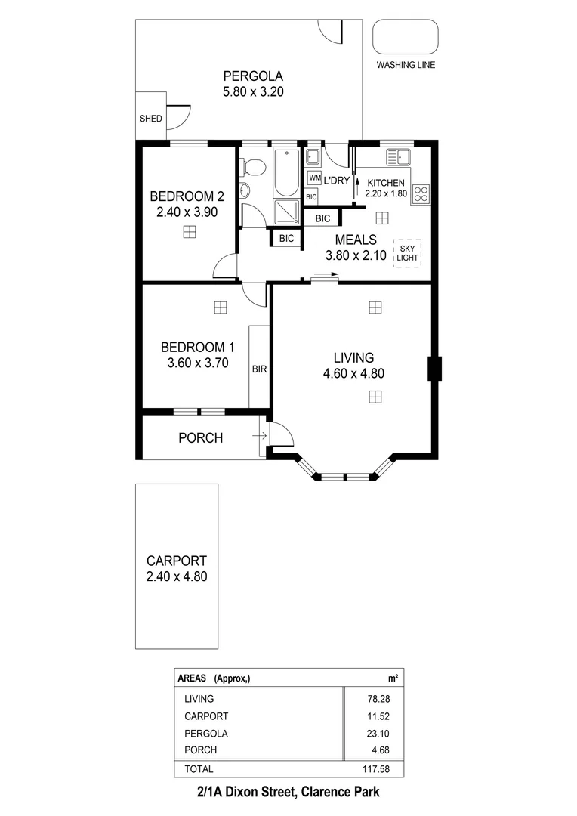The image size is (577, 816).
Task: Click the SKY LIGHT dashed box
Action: click(x=407, y=252)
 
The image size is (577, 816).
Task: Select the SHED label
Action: click(x=150, y=119)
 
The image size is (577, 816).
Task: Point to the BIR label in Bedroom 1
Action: click(x=259, y=369)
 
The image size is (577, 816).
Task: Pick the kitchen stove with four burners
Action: click(x=421, y=193)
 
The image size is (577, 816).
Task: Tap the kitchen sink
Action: click(x=397, y=158)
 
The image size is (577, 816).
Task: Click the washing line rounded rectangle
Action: click(x=406, y=36)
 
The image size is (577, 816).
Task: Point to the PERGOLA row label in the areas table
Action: click(x=206, y=733)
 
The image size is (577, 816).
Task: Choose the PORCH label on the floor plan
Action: click(x=200, y=437)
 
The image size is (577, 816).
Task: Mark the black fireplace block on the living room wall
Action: click(x=434, y=369)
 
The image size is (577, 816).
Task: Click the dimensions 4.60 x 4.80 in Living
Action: click(x=354, y=372)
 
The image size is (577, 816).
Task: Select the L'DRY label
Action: click(x=336, y=181)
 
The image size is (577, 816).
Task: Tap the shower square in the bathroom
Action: click(x=286, y=212)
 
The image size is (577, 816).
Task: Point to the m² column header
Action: click(x=393, y=678)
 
